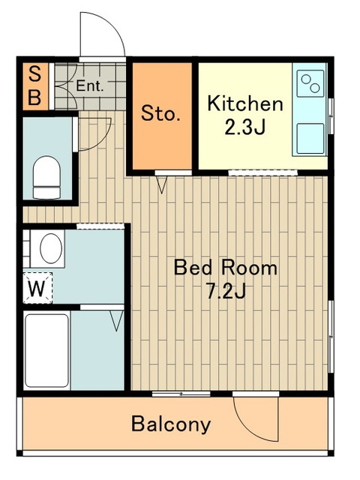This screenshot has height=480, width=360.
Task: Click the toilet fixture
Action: point(46,177)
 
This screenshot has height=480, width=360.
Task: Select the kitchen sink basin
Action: point(310,138)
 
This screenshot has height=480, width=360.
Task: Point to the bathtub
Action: point(46,350)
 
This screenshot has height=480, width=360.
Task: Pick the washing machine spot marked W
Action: point(37,288)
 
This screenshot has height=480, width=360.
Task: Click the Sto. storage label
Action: point(160,113)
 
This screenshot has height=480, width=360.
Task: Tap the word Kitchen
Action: point(245,103)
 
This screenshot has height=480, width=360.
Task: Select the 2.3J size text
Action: point(244,127)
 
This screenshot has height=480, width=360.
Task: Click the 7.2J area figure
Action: point(226,291)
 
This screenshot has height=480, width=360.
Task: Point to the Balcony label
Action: point(171,424)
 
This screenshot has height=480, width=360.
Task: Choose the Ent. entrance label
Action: point(90,85)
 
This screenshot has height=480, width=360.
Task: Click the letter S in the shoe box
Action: point(35,73)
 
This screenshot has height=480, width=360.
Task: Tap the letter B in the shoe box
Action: point(34,97)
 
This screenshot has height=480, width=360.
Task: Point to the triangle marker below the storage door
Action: point(161,185)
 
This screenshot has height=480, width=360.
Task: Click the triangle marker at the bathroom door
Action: point(117,321)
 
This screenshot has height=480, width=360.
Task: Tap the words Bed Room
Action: point(226,267)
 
